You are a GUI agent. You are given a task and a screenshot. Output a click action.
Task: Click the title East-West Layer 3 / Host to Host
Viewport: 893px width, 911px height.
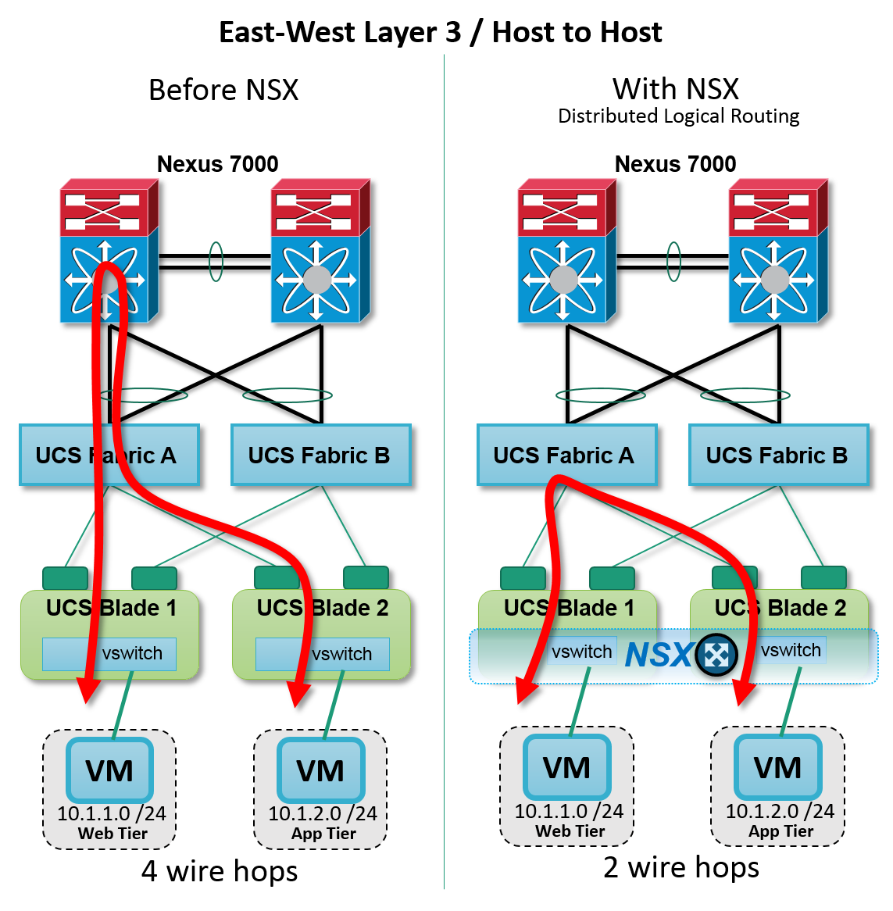(440, 32)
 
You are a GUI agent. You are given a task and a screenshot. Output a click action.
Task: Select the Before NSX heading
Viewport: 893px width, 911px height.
(223, 90)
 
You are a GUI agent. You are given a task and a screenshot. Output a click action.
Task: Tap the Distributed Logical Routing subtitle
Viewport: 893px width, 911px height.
(678, 116)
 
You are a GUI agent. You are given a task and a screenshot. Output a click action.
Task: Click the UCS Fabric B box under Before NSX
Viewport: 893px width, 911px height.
(320, 455)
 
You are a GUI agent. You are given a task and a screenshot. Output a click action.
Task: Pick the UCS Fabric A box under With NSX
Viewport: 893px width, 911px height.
(566, 455)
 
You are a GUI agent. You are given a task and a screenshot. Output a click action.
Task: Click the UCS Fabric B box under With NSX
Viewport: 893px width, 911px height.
(778, 455)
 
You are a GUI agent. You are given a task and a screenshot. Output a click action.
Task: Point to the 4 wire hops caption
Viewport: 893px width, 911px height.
(220, 870)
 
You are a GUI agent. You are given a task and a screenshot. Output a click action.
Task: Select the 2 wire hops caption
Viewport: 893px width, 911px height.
(680, 867)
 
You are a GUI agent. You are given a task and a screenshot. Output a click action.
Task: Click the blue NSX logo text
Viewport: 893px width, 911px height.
(658, 655)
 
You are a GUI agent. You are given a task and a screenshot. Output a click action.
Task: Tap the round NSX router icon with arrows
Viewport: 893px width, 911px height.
(716, 655)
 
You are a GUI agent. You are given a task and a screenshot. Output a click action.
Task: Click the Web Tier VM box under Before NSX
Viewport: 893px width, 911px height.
(109, 770)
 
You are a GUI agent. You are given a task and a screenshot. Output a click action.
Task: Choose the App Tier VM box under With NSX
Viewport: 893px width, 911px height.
(777, 767)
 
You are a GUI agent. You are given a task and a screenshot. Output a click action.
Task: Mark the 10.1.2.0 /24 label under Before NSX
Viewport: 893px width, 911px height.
(322, 813)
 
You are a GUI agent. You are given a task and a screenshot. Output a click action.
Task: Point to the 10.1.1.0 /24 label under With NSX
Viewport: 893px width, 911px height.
(568, 811)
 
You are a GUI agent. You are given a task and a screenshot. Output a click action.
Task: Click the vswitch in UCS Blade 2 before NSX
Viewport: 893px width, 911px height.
(323, 654)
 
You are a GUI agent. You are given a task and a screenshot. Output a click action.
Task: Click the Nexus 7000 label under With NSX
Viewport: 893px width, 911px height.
(675, 164)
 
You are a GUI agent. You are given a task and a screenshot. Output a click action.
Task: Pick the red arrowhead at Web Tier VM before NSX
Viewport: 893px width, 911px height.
(88, 691)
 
